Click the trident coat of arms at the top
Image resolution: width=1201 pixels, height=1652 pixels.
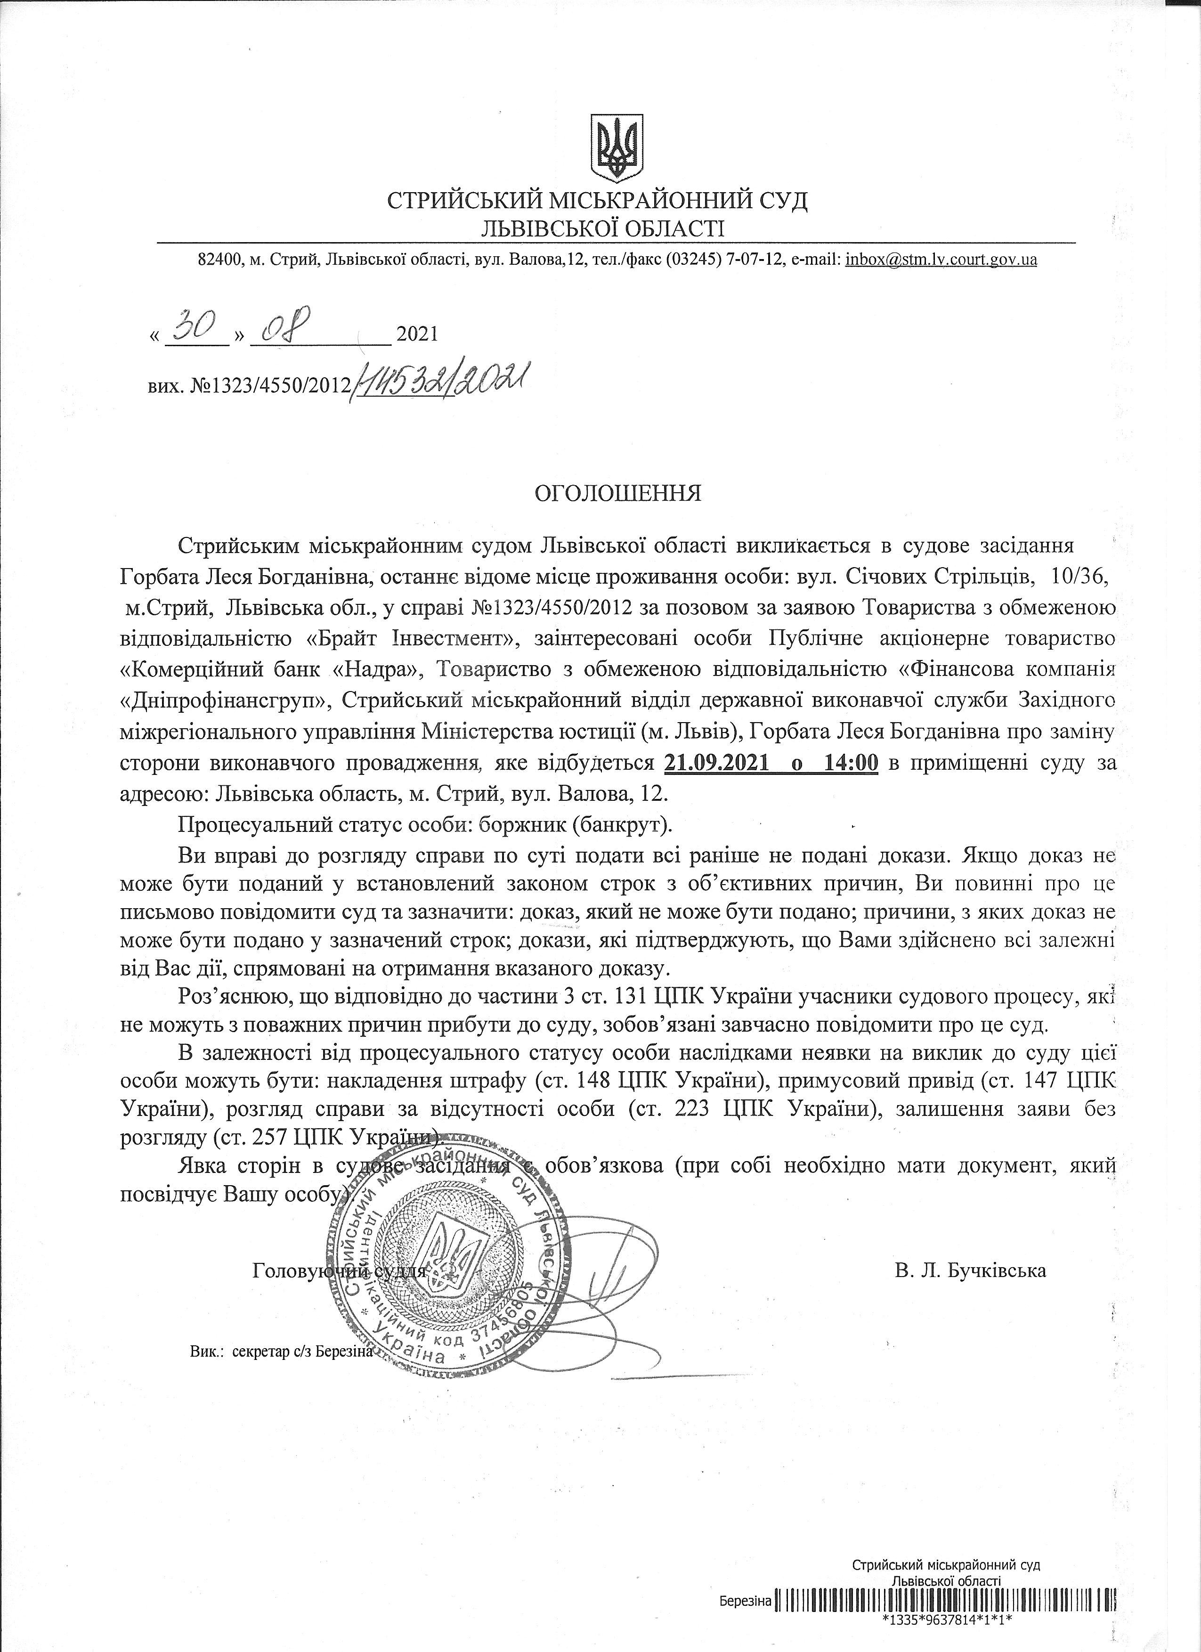coord(616,147)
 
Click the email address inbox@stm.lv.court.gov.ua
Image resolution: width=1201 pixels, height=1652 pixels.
coord(941,259)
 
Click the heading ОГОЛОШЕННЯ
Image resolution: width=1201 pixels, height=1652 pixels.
coord(617,494)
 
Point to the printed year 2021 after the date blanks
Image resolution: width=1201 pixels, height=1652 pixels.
coord(417,335)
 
